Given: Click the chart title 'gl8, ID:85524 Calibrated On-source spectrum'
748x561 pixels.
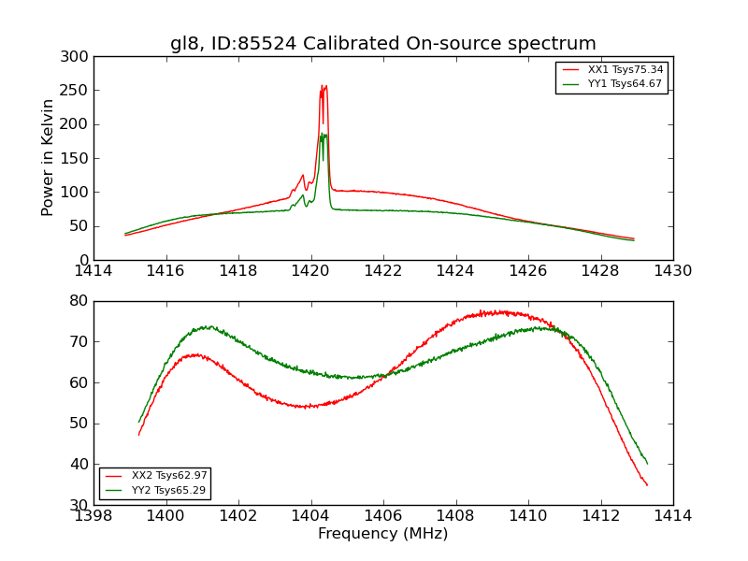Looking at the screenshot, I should click(x=383, y=44).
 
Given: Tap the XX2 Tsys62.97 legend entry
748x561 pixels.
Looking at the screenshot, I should click(x=168, y=476).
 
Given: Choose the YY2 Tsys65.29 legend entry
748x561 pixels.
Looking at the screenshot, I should click(x=168, y=490).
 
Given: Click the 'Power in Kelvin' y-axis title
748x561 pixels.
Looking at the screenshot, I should click(x=48, y=158).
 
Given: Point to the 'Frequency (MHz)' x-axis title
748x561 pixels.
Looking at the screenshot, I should click(x=383, y=534).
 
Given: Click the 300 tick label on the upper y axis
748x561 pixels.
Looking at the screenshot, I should click(x=78, y=57).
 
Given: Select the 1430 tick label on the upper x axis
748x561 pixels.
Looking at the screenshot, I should click(x=673, y=271).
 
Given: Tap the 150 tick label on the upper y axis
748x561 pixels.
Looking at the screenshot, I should click(x=78, y=159).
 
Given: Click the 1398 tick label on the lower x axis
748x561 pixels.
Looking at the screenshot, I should click(x=93, y=515).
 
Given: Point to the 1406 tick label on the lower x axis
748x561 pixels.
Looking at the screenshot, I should click(x=383, y=515).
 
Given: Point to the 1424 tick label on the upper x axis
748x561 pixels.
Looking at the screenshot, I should click(x=455, y=271).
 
